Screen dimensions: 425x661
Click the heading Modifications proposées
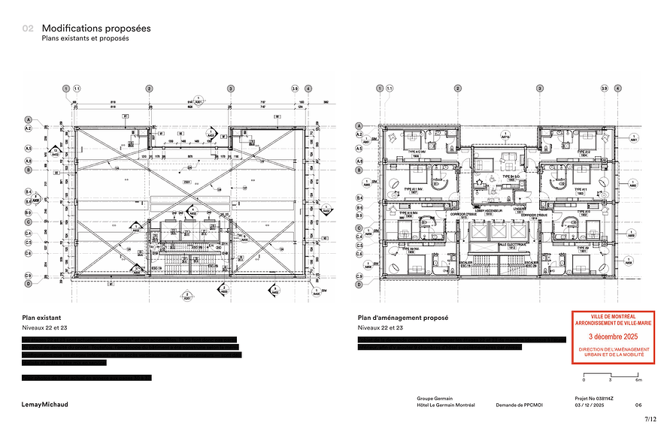point(96,28)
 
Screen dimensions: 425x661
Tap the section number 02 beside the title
point(28,29)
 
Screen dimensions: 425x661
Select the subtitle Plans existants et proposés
point(85,38)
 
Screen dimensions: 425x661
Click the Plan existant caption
point(40,318)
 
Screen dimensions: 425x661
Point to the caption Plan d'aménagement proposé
point(403,318)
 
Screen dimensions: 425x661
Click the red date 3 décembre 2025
point(612,337)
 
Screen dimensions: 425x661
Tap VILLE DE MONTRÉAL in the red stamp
point(612,316)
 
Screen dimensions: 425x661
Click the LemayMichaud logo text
point(44,404)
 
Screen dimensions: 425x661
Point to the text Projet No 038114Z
point(593,398)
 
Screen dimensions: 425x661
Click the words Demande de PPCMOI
point(519,405)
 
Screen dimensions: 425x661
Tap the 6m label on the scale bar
point(638,381)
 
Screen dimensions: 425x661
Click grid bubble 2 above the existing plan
point(150,89)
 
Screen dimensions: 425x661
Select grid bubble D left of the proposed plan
point(361,284)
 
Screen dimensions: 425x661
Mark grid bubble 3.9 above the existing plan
point(295,89)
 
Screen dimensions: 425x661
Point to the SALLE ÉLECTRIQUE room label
point(502,246)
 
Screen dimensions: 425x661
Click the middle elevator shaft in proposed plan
point(502,232)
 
